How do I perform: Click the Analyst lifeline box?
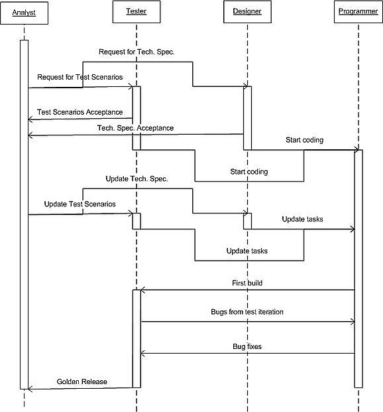[24, 13]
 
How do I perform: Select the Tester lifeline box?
[137, 11]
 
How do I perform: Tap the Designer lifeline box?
[247, 11]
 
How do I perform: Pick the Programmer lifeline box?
[358, 11]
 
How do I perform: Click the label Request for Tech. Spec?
[137, 52]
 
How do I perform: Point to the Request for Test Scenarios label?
[80, 77]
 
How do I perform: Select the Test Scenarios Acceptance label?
[80, 112]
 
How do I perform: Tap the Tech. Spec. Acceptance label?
[135, 128]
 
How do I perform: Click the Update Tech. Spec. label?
[137, 179]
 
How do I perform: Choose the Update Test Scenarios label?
[80, 204]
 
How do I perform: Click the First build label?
[247, 283]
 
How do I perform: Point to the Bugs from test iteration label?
[247, 312]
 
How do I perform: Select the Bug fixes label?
[247, 346]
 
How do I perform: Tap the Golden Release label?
[82, 381]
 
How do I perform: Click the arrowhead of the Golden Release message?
[29, 389]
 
